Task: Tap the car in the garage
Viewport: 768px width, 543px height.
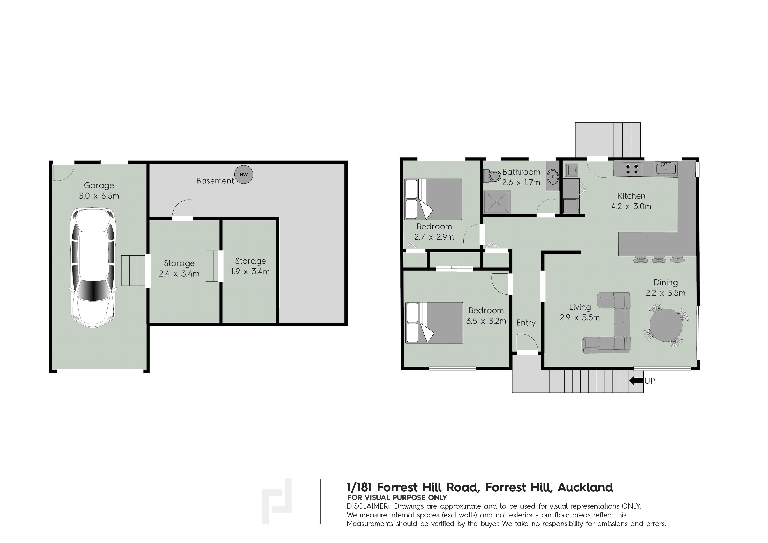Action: [x=93, y=268]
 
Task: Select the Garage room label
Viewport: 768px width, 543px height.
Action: [x=99, y=185]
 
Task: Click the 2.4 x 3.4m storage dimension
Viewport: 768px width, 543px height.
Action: [x=179, y=274]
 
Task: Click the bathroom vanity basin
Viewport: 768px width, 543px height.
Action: [x=553, y=175]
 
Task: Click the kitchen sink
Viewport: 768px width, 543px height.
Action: [x=666, y=168]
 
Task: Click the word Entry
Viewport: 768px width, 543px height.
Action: [x=526, y=323]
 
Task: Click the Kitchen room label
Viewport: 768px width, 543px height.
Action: [x=631, y=196]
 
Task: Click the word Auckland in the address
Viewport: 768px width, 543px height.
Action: [x=585, y=487]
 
